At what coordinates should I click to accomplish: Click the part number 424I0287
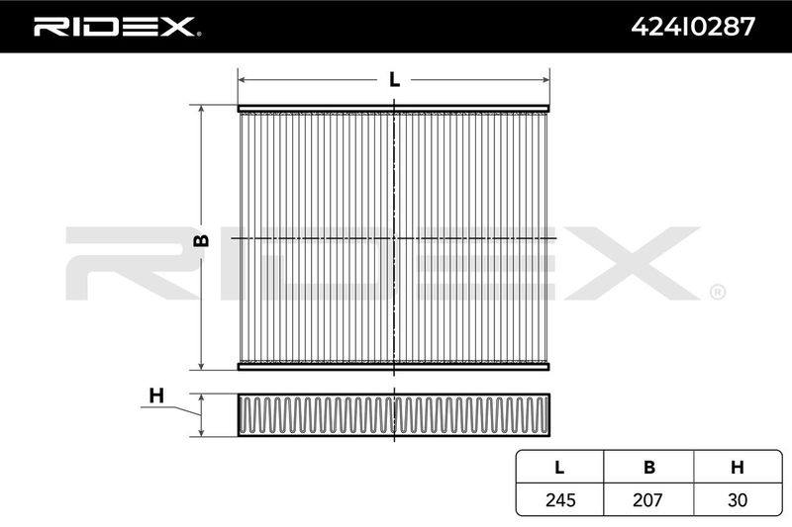pos(693,27)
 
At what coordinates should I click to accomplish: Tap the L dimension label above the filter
pos(394,79)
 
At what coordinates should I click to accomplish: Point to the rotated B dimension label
pos(201,240)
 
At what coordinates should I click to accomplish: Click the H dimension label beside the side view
pos(156,395)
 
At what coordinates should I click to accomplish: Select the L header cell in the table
pos(559,468)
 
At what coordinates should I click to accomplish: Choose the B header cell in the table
pos(649,468)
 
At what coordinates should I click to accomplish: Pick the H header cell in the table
pos(738,468)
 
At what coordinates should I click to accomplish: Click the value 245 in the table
pos(560,499)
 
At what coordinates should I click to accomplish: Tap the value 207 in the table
pos(647,499)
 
